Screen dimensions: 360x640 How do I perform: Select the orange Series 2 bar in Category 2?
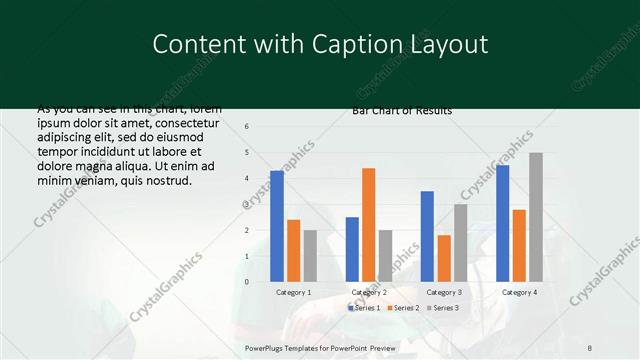(368, 225)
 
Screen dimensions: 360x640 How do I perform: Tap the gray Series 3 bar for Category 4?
(536, 217)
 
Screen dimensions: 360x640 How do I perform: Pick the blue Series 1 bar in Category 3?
(427, 236)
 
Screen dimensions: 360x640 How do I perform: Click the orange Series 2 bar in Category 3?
(443, 258)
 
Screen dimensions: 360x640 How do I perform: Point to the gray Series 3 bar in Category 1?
(310, 256)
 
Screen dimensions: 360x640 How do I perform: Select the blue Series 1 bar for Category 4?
(503, 223)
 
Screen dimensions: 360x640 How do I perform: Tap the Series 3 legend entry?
(444, 308)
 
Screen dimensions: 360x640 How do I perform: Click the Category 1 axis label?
(293, 292)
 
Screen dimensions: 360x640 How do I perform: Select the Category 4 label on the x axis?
(519, 292)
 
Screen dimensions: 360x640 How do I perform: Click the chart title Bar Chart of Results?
(402, 110)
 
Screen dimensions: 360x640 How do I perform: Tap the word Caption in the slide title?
(362, 44)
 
